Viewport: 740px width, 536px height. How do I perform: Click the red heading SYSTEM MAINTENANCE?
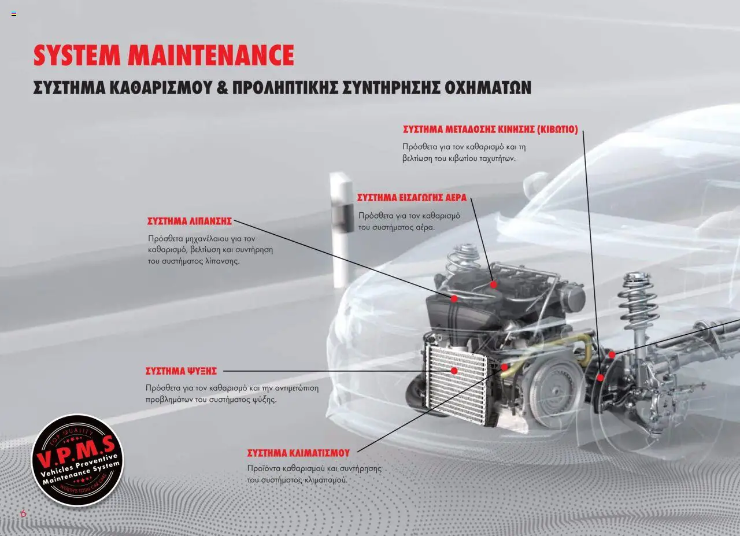pyautogui.click(x=164, y=55)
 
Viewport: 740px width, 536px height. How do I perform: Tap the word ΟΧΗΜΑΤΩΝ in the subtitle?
pyautogui.click(x=487, y=87)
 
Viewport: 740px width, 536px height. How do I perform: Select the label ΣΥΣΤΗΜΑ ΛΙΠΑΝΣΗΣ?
pyautogui.click(x=190, y=221)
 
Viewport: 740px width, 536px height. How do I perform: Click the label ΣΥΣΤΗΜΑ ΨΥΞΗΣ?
pyautogui.click(x=181, y=371)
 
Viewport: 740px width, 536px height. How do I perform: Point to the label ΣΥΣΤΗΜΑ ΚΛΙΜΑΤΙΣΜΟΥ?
pyautogui.click(x=298, y=453)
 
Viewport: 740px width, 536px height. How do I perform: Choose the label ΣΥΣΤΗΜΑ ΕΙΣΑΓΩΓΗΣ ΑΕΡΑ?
pyautogui.click(x=412, y=198)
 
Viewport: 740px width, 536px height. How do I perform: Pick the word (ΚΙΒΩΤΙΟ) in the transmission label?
pyautogui.click(x=558, y=129)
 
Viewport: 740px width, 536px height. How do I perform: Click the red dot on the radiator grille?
pyautogui.click(x=454, y=371)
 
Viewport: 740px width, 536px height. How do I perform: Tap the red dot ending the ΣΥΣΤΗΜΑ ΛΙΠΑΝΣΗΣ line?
pyautogui.click(x=454, y=299)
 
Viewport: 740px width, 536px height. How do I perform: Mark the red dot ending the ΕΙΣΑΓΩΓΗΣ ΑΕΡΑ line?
pyautogui.click(x=494, y=284)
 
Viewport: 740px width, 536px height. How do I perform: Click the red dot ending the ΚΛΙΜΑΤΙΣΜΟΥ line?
pyautogui.click(x=504, y=367)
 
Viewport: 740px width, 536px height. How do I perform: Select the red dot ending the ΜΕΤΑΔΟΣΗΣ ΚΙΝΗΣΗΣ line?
pyautogui.click(x=601, y=378)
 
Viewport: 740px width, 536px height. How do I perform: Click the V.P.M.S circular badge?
pyautogui.click(x=77, y=460)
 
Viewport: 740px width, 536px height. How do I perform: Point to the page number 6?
pyautogui.click(x=23, y=513)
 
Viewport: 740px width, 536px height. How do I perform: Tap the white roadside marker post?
pyautogui.click(x=341, y=230)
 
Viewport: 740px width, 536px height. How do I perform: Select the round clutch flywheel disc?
pyautogui.click(x=556, y=394)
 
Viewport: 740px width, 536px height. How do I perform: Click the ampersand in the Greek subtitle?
pyautogui.click(x=223, y=87)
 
